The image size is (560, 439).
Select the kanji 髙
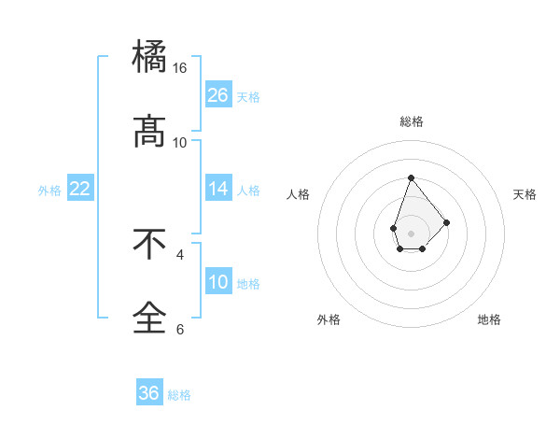pos(149,132)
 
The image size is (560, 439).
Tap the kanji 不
pos(149,245)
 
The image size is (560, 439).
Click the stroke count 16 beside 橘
pos(180,68)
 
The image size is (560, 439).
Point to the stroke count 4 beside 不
pos(180,254)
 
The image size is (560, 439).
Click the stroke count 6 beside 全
pos(180,329)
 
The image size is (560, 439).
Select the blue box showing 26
pos(218,95)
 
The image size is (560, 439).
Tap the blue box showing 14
pos(218,190)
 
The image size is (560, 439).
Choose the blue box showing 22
pos(80,190)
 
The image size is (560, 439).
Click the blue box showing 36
pos(149,393)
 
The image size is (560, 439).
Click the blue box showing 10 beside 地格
pos(218,283)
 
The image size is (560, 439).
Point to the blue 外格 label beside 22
pos(49,191)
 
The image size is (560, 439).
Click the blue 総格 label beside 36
pos(179,395)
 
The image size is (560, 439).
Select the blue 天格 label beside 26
pos(248,97)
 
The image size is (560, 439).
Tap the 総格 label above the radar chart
pos(411,121)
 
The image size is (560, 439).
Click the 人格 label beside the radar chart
pos(299,194)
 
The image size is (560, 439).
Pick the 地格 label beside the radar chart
pos(489,319)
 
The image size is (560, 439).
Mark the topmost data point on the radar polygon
pos(411,177)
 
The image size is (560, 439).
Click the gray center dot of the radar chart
pos(411,232)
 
